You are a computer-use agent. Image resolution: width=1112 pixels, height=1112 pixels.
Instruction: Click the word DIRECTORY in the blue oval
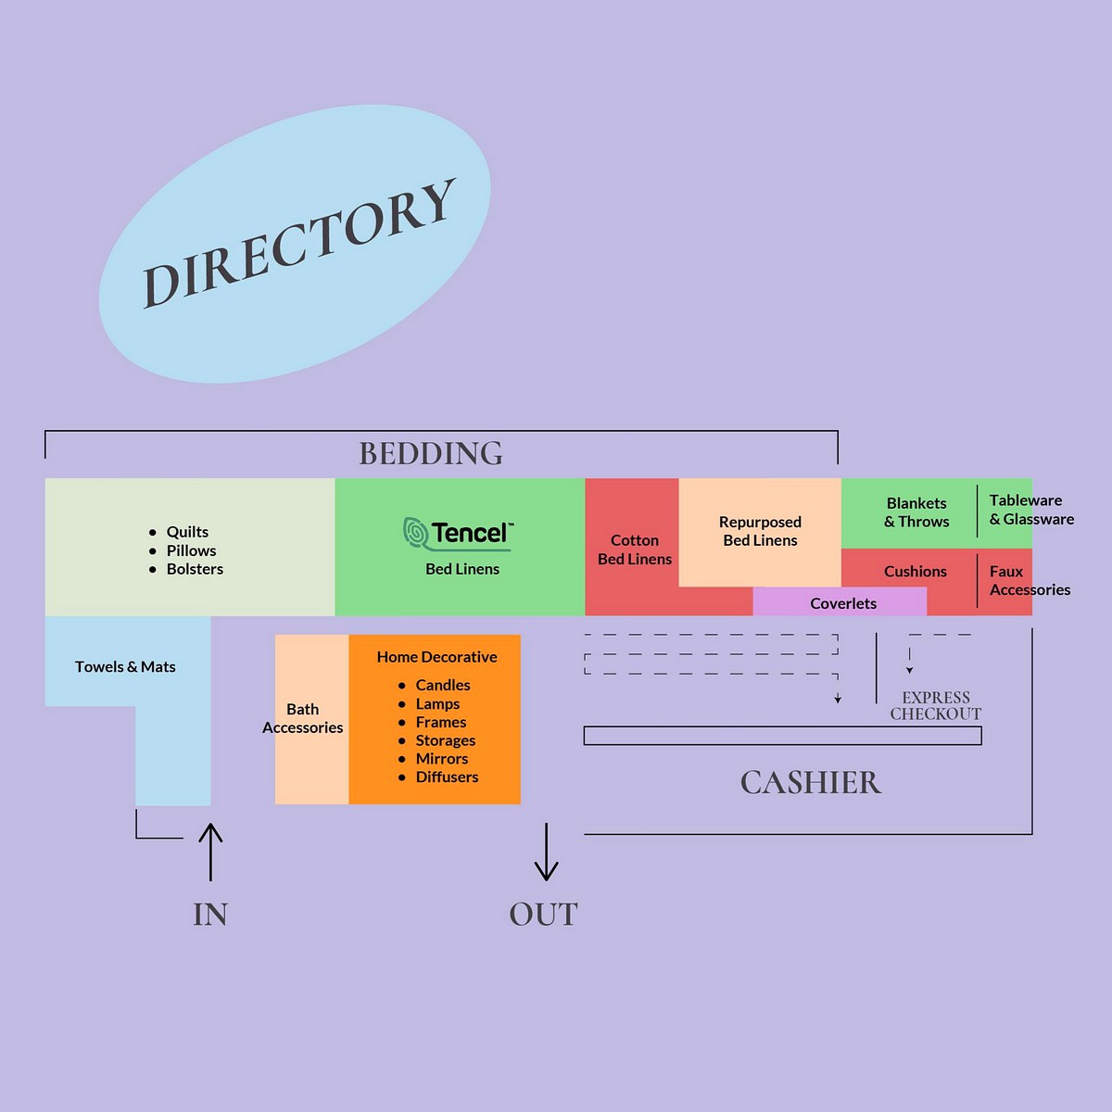(x=298, y=243)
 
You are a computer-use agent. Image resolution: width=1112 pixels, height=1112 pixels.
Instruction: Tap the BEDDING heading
(x=431, y=453)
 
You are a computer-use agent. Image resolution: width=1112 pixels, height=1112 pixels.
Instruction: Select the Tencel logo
(x=458, y=533)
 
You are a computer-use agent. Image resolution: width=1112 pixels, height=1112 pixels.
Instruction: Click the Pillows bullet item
(x=191, y=550)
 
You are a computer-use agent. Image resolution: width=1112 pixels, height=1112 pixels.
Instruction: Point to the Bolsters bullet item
(x=195, y=569)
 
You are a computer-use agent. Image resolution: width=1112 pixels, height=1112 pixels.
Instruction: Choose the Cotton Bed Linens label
(x=635, y=550)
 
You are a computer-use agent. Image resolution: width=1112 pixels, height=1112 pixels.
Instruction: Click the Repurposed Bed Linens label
(x=760, y=531)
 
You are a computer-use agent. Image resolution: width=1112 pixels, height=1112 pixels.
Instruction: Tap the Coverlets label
(x=843, y=603)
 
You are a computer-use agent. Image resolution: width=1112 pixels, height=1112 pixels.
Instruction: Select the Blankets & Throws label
(x=916, y=512)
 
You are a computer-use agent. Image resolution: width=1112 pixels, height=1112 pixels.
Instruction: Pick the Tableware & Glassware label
(x=1030, y=510)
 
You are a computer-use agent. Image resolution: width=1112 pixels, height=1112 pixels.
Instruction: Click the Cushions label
(x=916, y=572)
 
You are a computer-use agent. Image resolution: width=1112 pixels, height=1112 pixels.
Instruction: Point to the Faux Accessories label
(x=1029, y=581)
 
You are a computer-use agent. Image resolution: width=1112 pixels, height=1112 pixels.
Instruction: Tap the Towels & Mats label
(x=125, y=666)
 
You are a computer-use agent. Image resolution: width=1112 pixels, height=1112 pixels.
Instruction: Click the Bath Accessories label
(x=303, y=718)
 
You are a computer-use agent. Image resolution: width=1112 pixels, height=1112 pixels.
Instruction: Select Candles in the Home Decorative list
(x=443, y=685)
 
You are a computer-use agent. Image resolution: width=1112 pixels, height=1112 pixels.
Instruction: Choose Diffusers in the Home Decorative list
(x=447, y=777)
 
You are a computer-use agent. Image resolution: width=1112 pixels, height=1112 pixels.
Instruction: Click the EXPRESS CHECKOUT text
(x=936, y=705)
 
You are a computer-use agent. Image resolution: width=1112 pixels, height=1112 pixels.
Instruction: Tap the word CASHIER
(x=811, y=783)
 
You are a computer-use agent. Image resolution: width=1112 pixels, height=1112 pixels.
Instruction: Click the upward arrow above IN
(x=210, y=852)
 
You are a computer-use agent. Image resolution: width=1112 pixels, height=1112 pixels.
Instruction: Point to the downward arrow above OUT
(x=547, y=852)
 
